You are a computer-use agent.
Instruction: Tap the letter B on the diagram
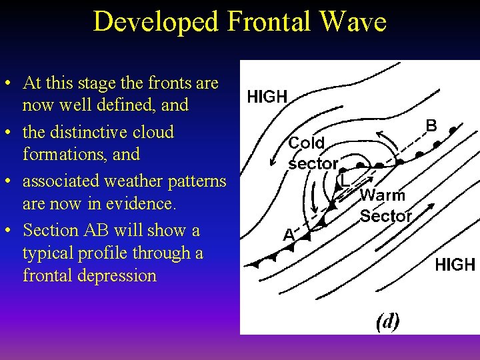(x=431, y=125)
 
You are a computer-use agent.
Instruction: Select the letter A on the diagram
(x=288, y=235)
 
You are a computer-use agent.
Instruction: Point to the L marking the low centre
(x=343, y=180)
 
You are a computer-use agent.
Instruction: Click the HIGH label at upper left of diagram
(x=267, y=97)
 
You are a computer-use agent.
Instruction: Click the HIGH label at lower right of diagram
(x=455, y=265)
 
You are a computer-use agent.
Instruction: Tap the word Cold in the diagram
(x=307, y=143)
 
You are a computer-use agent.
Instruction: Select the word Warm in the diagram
(x=383, y=195)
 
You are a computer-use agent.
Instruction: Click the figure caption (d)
(x=388, y=321)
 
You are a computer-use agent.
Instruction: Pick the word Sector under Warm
(x=386, y=216)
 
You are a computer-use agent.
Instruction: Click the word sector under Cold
(x=313, y=163)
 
